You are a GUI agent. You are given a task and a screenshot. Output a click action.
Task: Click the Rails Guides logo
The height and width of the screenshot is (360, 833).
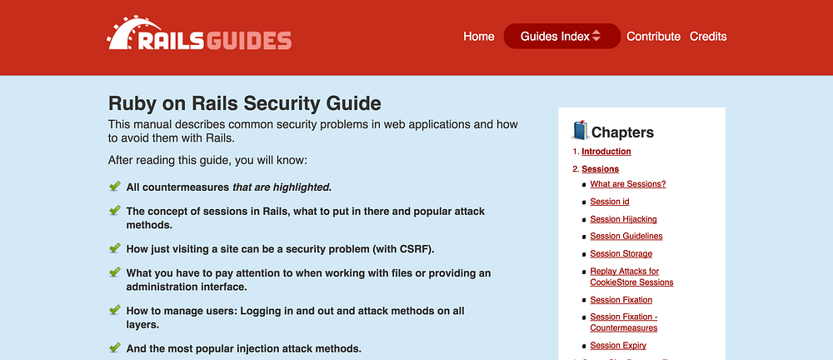(x=200, y=37)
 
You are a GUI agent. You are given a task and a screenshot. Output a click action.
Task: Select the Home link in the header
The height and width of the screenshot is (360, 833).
(x=479, y=37)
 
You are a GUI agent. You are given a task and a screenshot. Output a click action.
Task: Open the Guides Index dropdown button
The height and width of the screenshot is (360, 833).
(x=561, y=37)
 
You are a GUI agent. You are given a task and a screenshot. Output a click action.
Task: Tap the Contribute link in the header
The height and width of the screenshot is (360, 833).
(x=653, y=37)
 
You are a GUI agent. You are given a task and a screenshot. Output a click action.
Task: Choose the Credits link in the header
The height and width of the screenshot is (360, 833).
(x=708, y=37)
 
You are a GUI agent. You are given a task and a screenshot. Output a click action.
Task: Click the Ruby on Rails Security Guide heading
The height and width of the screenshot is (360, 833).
(x=245, y=103)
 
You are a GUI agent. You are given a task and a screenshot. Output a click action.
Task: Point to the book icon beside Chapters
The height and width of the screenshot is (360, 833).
(x=581, y=131)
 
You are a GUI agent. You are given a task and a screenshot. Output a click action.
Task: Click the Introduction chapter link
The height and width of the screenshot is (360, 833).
(x=606, y=152)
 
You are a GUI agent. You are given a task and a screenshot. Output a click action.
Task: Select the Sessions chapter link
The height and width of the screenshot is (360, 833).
(x=600, y=169)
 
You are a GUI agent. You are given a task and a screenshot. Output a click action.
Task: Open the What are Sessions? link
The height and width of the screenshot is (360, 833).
(x=627, y=184)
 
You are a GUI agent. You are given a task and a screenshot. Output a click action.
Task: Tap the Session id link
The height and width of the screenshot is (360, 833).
(x=609, y=202)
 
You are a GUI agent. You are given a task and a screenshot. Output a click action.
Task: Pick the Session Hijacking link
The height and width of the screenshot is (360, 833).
(x=623, y=219)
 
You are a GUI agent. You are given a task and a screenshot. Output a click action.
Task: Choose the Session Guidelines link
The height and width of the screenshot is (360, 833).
(x=626, y=237)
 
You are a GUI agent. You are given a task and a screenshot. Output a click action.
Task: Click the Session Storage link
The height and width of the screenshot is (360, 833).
(x=621, y=254)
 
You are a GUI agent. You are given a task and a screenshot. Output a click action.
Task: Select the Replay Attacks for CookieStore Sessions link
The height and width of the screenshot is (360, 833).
(x=631, y=277)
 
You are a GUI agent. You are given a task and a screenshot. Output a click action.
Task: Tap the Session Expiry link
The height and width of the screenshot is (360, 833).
(x=617, y=346)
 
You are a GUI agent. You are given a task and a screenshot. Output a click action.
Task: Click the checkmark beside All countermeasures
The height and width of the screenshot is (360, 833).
(x=115, y=187)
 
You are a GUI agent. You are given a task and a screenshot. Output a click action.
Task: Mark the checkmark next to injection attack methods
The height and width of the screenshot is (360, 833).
(x=115, y=347)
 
